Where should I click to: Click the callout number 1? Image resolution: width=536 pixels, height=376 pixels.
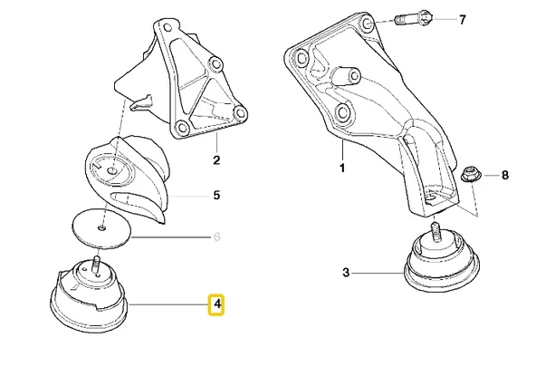point(342,168)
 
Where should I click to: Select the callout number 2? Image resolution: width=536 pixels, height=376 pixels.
point(216,159)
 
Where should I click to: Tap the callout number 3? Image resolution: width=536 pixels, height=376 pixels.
point(346,273)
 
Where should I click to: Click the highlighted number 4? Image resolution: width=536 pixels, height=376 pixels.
point(216,304)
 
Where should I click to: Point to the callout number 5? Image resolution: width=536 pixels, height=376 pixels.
point(216,196)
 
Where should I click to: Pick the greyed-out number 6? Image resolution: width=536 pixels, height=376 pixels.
point(216,236)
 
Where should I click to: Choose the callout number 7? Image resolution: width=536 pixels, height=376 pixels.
point(462,20)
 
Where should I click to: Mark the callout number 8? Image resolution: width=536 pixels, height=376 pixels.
point(505,175)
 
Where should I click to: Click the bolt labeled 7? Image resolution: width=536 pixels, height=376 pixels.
point(413,18)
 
